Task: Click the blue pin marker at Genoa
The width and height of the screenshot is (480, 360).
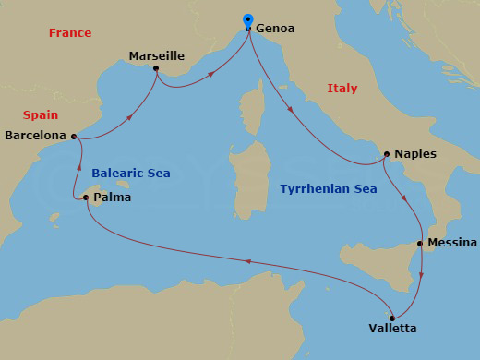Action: (247, 20)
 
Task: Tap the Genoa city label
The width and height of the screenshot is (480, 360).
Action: (275, 29)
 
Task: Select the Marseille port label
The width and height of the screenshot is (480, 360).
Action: (157, 56)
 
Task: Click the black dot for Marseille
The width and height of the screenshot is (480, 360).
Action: (156, 69)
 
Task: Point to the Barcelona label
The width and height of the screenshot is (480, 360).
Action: (35, 135)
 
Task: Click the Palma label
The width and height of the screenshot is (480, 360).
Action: (113, 197)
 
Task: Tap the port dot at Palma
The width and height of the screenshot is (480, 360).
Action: (86, 197)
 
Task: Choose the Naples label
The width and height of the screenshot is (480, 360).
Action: (414, 154)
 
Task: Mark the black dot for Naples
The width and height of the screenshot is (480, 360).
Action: (386, 155)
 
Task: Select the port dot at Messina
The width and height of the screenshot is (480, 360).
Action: (420, 245)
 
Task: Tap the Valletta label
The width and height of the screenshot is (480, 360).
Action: (392, 329)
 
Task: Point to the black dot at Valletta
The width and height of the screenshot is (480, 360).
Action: (392, 317)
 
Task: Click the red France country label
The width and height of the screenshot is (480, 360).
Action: (70, 33)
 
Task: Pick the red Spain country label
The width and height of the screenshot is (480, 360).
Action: (41, 115)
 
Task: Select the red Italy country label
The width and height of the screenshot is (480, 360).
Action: (342, 89)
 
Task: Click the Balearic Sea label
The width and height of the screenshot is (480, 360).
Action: (131, 173)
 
